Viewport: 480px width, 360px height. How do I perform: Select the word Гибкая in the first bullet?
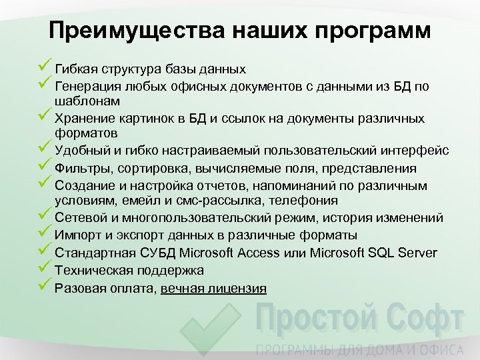pyautogui.click(x=74, y=69)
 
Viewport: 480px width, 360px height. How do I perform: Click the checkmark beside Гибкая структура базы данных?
pyautogui.click(x=45, y=67)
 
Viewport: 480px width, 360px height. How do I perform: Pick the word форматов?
pyautogui.click(x=87, y=134)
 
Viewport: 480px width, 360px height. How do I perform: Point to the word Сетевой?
pyautogui.click(x=78, y=218)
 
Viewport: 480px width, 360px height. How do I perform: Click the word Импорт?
pyautogui.click(x=77, y=235)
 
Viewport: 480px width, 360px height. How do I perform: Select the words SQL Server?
pyautogui.click(x=409, y=253)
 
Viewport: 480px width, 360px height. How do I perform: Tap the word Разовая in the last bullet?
pyautogui.click(x=79, y=288)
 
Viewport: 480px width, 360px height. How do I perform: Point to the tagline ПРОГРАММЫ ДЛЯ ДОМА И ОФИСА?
pyautogui.click(x=360, y=349)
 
